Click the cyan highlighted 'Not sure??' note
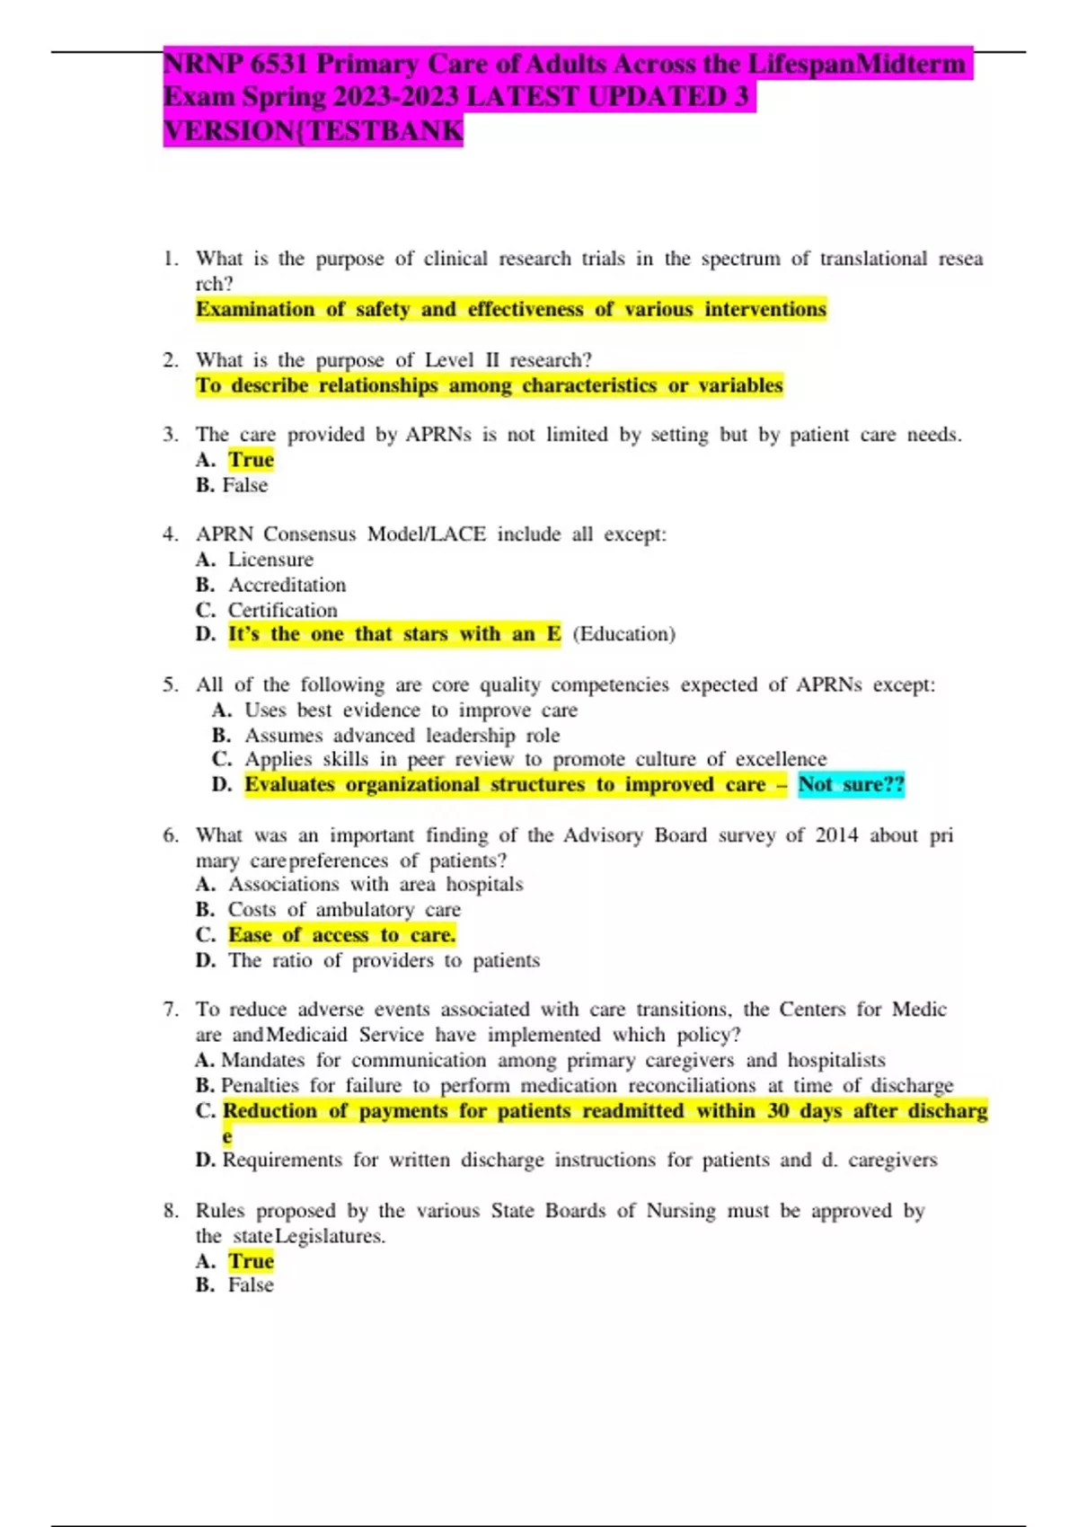click(x=851, y=784)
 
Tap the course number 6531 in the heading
click(x=278, y=65)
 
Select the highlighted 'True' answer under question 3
click(x=251, y=460)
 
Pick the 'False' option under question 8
click(x=251, y=1285)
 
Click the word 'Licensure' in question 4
click(x=270, y=560)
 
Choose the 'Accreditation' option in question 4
click(x=287, y=585)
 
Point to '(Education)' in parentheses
click(x=623, y=634)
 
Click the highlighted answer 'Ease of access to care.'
click(x=341, y=935)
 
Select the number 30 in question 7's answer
click(x=778, y=1111)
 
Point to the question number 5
click(x=170, y=684)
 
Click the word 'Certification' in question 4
click(x=282, y=610)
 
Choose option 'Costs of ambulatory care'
click(x=344, y=910)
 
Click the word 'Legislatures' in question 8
click(x=329, y=1236)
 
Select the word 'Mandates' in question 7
click(x=262, y=1061)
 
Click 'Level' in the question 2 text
click(x=449, y=360)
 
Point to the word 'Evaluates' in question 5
click(x=289, y=784)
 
